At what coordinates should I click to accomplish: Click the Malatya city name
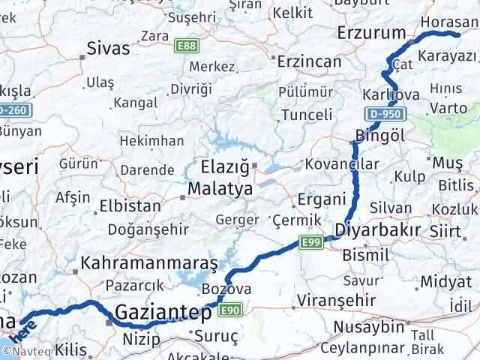point(220,189)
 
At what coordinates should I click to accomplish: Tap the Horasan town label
point(448,22)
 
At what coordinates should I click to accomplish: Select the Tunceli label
point(306,115)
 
